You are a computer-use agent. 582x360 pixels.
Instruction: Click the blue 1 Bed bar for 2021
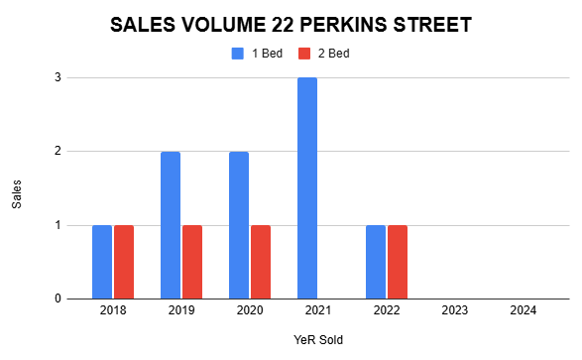[307, 188]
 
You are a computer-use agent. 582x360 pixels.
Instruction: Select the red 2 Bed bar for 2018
[123, 262]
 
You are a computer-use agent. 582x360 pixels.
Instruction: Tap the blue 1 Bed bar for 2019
[171, 225]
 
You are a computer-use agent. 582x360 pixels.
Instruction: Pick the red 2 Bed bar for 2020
[260, 262]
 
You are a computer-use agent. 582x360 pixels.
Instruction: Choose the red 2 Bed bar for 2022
[397, 262]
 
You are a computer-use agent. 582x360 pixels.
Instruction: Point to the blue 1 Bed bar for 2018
[102, 262]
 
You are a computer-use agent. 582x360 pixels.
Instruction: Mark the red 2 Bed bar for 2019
[191, 262]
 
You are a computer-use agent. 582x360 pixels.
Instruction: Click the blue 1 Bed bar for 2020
[239, 225]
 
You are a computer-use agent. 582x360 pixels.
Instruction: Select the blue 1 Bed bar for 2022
[376, 262]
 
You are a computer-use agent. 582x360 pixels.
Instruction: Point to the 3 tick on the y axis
[58, 77]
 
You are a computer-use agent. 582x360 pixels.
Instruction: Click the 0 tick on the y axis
[58, 299]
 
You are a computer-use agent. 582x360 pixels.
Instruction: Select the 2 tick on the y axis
[58, 152]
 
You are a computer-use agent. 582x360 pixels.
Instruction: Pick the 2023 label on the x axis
[454, 311]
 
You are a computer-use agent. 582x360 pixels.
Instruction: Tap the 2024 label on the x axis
[523, 311]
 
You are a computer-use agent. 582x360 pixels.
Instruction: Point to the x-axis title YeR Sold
[317, 339]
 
